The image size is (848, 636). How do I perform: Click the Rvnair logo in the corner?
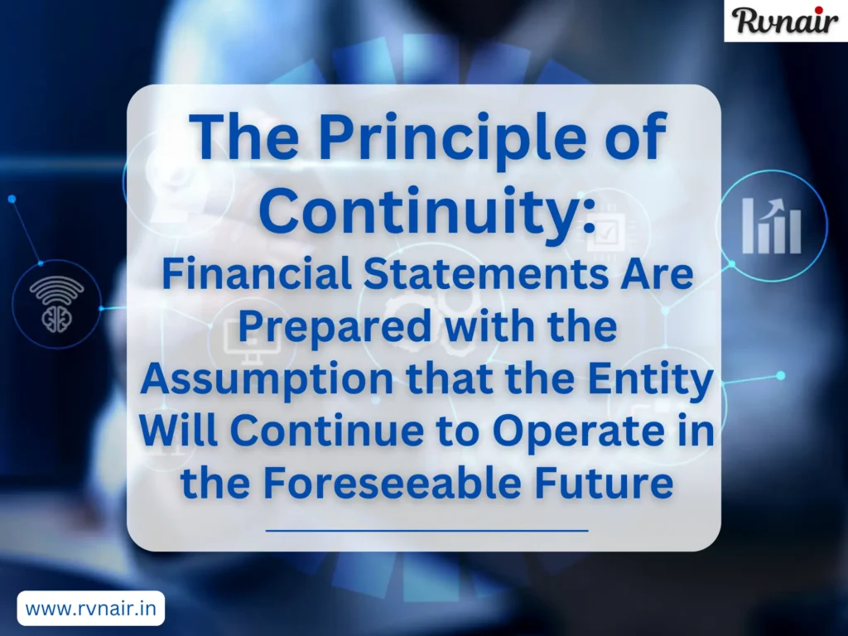tap(785, 21)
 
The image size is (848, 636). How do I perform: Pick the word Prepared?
tap(335, 327)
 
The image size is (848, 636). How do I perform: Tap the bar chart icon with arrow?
tap(771, 224)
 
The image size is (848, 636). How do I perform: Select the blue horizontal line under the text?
tap(426, 529)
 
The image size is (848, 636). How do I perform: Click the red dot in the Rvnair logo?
tap(836, 9)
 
